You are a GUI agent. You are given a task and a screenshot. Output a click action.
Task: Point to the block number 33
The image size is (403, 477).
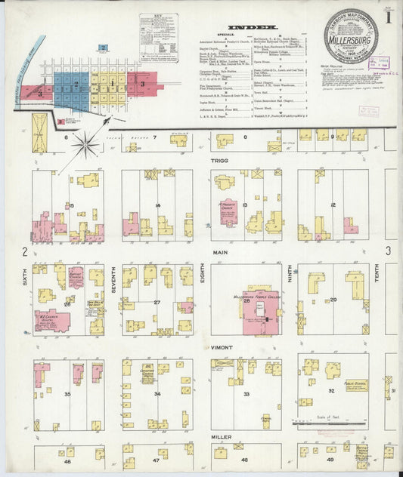[x=246, y=394]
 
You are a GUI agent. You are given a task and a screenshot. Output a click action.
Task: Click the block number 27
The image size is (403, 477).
[x=157, y=303]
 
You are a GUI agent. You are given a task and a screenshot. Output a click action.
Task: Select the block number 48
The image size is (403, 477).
[x=244, y=459]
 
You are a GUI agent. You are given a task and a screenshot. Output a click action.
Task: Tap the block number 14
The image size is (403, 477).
[x=157, y=205]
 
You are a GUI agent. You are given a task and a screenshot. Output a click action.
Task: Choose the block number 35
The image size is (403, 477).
[x=67, y=393]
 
